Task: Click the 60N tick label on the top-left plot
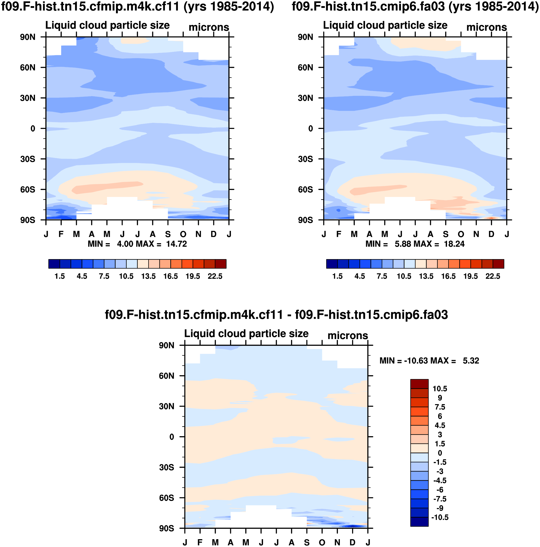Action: coord(27,68)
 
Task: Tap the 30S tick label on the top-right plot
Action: coord(305,159)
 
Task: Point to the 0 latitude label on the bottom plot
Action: coord(172,437)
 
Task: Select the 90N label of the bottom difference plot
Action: coord(167,345)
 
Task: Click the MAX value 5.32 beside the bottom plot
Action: coord(471,361)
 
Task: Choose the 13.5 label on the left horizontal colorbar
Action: coord(148,276)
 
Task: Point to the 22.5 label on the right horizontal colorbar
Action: coord(493,276)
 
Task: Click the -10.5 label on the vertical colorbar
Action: coord(440,518)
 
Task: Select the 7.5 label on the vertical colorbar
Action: coord(440,407)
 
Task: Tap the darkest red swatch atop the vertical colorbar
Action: coord(419,384)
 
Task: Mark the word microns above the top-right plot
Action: coord(486,27)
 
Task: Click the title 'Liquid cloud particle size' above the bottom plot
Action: coord(246,333)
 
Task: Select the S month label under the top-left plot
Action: coord(168,234)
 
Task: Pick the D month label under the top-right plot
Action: coord(491,234)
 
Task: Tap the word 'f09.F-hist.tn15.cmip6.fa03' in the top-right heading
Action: coord(368,6)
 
